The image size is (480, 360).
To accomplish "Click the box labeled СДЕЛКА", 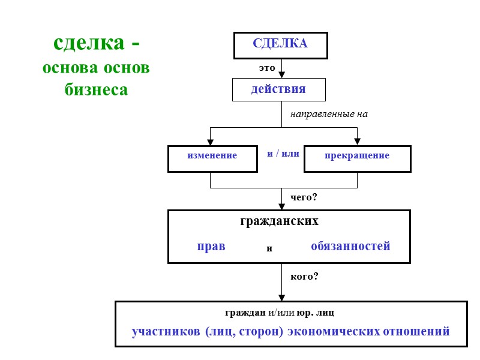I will coord(280,45).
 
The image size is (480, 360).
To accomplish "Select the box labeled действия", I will coord(278,89).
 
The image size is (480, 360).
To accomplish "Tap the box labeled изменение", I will coord(212,156).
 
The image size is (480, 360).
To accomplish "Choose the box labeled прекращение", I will coord(357,156).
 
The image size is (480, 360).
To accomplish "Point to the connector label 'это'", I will coord(266,68).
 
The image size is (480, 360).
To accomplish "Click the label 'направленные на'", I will coord(328,113).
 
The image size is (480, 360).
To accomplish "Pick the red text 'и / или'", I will coord(283,154).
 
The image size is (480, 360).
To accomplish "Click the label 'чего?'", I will coord(304,197).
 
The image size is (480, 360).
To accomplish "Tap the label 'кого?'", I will coord(304,277).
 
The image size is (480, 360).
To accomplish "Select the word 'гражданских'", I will coord(279,221).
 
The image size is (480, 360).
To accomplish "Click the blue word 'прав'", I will coord(211,246).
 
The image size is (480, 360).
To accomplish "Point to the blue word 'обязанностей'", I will coord(350,246).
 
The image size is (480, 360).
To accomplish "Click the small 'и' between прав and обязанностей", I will coord(269,248).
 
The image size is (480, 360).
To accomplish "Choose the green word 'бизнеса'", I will coord(96,89).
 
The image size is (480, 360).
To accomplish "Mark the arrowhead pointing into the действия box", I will coord(281,75).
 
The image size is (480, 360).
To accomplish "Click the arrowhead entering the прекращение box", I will coord(357,142).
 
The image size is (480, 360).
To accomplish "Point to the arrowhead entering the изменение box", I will coord(210,142).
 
